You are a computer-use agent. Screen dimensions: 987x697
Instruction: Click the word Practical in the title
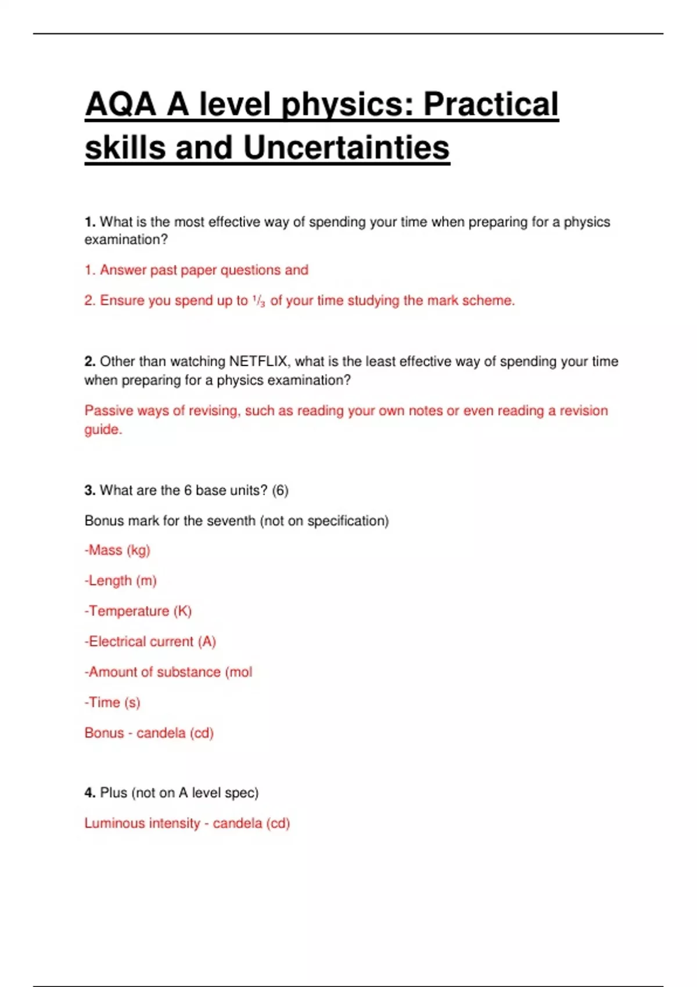(x=491, y=105)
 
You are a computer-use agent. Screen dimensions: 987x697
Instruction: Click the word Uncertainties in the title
(x=346, y=147)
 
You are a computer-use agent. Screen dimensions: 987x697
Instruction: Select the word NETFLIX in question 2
(x=258, y=361)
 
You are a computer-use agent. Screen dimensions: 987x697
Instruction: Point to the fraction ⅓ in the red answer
(x=259, y=301)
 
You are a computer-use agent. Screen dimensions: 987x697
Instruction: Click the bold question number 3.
(x=89, y=490)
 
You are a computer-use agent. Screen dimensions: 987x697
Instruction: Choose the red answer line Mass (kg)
(x=117, y=550)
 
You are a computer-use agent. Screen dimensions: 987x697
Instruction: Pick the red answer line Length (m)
(x=121, y=581)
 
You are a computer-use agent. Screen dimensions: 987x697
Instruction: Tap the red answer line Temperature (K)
(x=138, y=611)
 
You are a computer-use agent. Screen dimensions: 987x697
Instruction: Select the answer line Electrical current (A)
(x=150, y=642)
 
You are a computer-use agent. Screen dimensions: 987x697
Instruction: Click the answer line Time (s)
(x=113, y=703)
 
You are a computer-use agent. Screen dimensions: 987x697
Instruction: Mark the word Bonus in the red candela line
(x=105, y=733)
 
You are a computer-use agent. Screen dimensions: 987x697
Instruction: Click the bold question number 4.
(x=89, y=793)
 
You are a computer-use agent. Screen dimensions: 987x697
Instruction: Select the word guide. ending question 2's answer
(x=103, y=430)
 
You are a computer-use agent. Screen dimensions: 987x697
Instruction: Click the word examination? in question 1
(x=126, y=240)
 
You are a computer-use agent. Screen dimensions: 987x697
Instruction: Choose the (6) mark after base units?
(x=280, y=490)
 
